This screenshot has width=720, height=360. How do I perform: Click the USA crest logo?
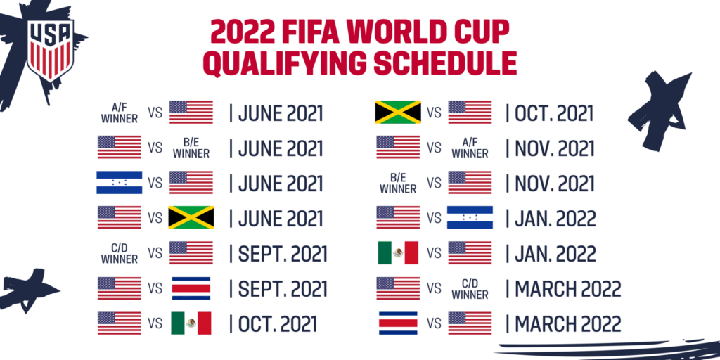click(49, 51)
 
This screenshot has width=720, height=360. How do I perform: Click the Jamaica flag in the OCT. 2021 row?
click(398, 112)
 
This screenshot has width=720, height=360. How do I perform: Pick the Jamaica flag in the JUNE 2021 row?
click(191, 217)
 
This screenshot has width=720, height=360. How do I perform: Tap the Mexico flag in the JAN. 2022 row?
click(398, 252)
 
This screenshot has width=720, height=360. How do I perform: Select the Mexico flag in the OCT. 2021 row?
click(191, 323)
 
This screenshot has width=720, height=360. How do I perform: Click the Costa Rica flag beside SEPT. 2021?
click(191, 288)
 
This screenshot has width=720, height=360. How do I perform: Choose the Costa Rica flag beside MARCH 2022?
click(398, 323)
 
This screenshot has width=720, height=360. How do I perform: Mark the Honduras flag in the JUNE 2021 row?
click(120, 182)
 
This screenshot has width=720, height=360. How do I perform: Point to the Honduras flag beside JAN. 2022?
click(470, 217)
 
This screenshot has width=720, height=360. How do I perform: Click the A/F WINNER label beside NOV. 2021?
click(470, 148)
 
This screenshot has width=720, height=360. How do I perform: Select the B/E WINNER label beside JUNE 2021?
click(191, 148)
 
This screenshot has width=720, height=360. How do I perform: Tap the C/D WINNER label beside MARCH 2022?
click(470, 288)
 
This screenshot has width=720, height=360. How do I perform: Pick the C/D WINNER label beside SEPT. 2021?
click(120, 252)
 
